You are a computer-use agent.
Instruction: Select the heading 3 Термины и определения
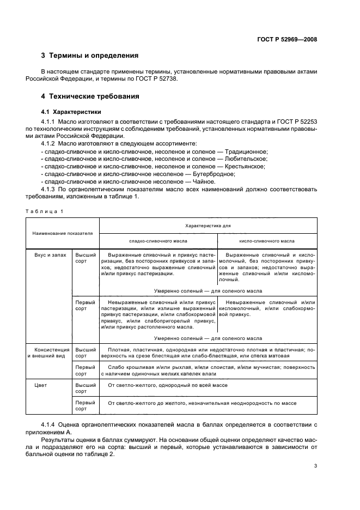90,56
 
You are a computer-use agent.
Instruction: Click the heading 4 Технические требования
90,96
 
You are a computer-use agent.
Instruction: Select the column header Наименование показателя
63,233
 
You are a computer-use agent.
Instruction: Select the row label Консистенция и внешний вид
50,353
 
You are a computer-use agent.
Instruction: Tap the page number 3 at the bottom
315,465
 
